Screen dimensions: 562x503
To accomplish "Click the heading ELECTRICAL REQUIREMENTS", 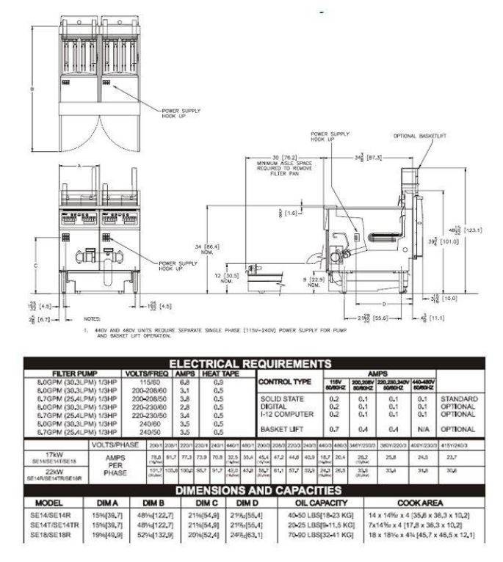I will point(250,364).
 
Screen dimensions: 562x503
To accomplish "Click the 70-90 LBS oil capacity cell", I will point(317,536).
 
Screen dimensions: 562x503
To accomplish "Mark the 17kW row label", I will point(51,455).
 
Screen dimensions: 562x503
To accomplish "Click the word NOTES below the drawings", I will point(92,320).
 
